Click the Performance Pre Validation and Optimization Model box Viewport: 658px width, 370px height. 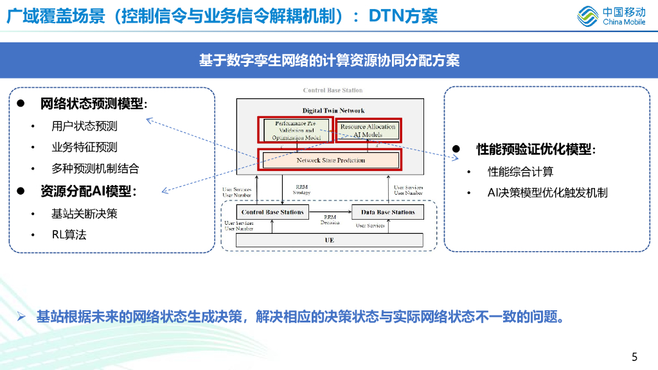click(296, 130)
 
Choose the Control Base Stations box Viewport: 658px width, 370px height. click(272, 212)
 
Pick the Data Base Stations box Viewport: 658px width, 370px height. click(387, 212)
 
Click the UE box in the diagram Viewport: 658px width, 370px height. click(330, 240)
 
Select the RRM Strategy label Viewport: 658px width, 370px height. click(301, 189)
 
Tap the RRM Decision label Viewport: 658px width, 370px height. click(330, 220)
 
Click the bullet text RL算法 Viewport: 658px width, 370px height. click(69, 234)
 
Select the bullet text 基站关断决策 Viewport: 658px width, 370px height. click(85, 213)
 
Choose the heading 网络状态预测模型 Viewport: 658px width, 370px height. click(93, 104)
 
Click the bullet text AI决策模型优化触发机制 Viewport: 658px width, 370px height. click(547, 193)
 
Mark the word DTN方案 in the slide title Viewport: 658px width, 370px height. click(404, 16)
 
